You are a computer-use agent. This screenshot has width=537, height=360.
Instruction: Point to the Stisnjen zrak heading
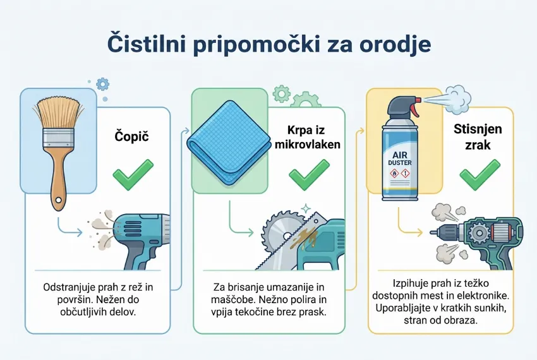(x=478, y=137)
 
